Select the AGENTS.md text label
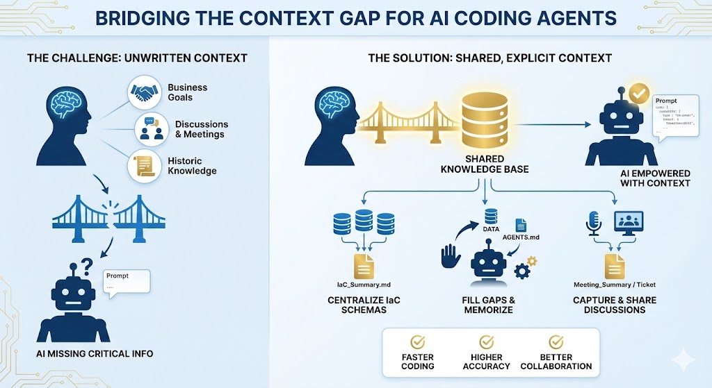pyautogui.click(x=521, y=237)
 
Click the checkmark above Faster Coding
pyautogui.click(x=418, y=342)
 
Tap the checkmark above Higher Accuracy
pyautogui.click(x=487, y=342)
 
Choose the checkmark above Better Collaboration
pyautogui.click(x=556, y=342)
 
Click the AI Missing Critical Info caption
pyautogui.click(x=91, y=354)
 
